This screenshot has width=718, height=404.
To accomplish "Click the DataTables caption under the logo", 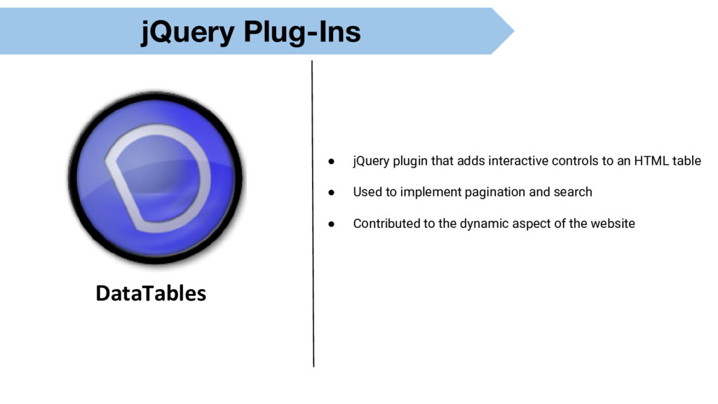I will tap(151, 292).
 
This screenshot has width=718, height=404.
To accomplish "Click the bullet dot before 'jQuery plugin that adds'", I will tap(332, 161).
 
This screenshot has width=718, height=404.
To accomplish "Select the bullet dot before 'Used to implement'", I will tap(332, 192).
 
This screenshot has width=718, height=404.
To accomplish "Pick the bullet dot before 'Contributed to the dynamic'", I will tap(332, 224).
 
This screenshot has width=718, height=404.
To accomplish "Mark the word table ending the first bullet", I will tap(686, 161).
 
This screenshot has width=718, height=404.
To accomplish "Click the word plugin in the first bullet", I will tap(410, 161).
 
